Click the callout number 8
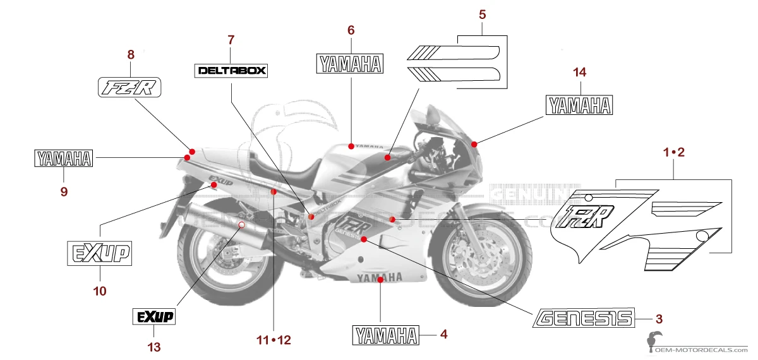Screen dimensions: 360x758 (x=131, y=54)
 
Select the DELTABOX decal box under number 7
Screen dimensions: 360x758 (x=231, y=70)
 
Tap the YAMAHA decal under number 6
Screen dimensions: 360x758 (x=350, y=64)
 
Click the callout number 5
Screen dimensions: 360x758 (x=482, y=13)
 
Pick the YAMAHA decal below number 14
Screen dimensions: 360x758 (x=579, y=105)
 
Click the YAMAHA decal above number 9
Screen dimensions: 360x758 (x=63, y=159)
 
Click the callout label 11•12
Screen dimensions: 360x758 (x=274, y=340)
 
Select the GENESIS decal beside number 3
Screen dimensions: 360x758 (x=584, y=318)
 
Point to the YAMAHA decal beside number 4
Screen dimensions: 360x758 (x=385, y=335)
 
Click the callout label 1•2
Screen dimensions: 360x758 (x=673, y=152)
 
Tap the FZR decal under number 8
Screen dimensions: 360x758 (x=129, y=88)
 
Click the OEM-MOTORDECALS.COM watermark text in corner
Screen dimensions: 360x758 (x=701, y=349)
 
